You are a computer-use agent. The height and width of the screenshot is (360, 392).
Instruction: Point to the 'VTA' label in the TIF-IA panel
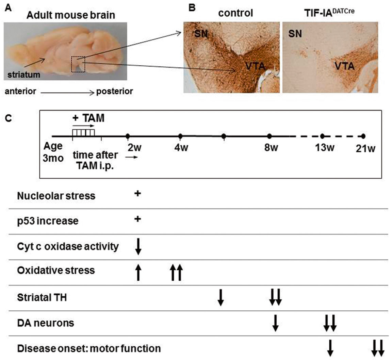click(344, 66)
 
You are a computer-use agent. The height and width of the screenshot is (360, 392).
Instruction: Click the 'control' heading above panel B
click(235, 13)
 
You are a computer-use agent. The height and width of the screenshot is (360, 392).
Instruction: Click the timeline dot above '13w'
click(322, 136)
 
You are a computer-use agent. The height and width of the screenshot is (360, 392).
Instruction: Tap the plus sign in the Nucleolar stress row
click(137, 194)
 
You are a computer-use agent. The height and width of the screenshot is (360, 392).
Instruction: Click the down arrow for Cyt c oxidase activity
click(138, 246)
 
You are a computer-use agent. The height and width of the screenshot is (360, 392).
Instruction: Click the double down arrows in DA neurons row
click(330, 323)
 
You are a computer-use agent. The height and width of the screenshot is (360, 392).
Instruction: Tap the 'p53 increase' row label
click(48, 221)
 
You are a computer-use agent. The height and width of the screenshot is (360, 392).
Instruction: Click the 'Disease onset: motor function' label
click(89, 349)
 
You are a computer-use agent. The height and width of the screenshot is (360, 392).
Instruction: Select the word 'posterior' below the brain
click(114, 92)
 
